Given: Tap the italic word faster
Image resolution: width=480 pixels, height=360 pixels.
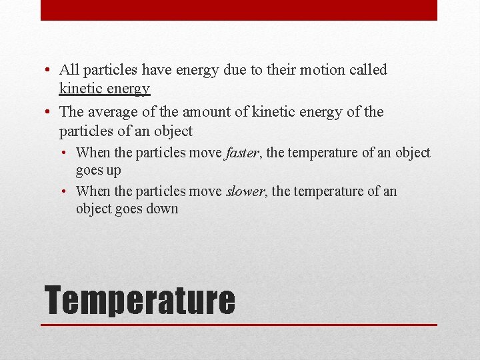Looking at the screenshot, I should [242, 153].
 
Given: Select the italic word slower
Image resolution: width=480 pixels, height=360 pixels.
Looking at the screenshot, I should [245, 191].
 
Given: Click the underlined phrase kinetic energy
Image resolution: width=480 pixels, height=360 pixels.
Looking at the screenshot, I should [104, 88].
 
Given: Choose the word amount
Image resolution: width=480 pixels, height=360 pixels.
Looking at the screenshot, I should [198, 112].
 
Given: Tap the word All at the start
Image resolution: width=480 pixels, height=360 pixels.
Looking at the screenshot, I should [69, 69].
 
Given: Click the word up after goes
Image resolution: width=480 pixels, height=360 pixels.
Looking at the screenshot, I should [113, 170].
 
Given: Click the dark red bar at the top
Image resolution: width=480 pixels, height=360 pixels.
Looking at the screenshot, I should [239, 10].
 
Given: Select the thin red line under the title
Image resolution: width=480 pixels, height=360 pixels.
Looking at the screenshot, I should [239, 325].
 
